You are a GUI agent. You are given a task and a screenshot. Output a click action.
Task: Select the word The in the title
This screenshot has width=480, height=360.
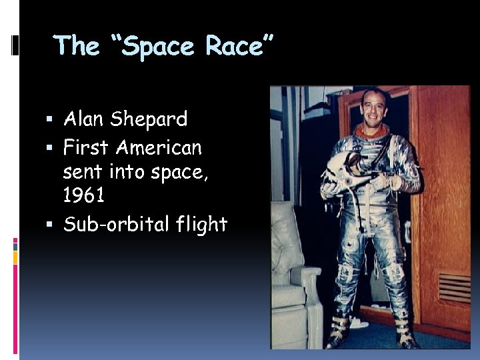pos(77,46)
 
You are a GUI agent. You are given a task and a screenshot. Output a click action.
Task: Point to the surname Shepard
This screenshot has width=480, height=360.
pos(149,121)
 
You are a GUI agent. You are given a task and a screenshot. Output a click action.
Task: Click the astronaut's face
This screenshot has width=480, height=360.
pos(374,110)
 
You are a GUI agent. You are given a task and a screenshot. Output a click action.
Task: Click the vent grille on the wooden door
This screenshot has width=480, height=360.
pos(453,287)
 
